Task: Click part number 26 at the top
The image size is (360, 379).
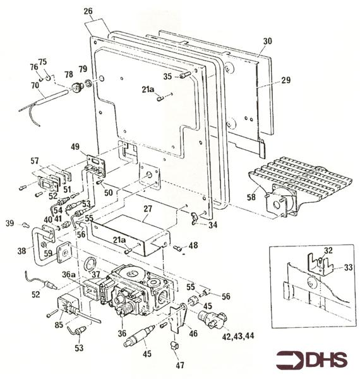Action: [x=88, y=11]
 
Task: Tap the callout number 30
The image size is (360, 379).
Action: [x=267, y=41]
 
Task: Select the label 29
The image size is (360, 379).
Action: [x=286, y=80]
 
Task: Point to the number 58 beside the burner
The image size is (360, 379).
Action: [x=251, y=197]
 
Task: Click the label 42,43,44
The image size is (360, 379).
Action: [x=238, y=336]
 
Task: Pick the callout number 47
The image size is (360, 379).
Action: [x=180, y=365]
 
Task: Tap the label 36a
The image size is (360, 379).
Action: [x=68, y=274]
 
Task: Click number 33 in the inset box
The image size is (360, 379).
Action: [x=348, y=267]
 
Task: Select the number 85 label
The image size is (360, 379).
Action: [x=59, y=325]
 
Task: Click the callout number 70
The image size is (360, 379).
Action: [x=35, y=85]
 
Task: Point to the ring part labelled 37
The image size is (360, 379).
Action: [x=90, y=263]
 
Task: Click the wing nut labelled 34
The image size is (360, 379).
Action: [x=195, y=217]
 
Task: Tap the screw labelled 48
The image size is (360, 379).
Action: [x=177, y=248]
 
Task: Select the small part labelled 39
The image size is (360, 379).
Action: [x=25, y=225]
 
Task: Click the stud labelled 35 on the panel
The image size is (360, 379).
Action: [x=186, y=75]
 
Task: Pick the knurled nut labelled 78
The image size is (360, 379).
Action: [x=78, y=87]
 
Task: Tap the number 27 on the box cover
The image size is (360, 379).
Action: [x=148, y=208]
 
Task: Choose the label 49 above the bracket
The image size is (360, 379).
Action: [x=75, y=147]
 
